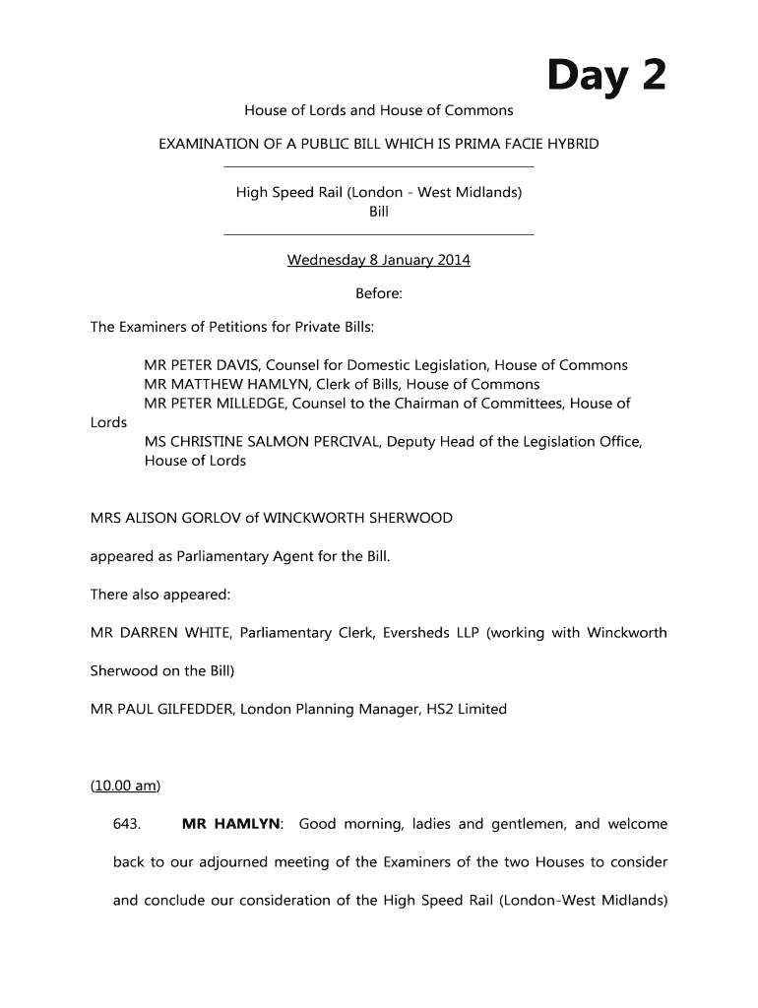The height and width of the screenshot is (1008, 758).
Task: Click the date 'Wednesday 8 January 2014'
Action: [378, 261]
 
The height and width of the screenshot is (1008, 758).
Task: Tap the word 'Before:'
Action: [379, 293]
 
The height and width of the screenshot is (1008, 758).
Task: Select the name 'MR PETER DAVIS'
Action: [200, 365]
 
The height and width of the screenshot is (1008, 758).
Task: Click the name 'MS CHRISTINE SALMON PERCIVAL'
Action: [261, 442]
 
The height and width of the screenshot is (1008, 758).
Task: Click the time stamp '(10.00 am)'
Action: [125, 786]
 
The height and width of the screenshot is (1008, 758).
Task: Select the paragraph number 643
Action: [128, 824]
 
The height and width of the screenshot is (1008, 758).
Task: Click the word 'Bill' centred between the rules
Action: [379, 212]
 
